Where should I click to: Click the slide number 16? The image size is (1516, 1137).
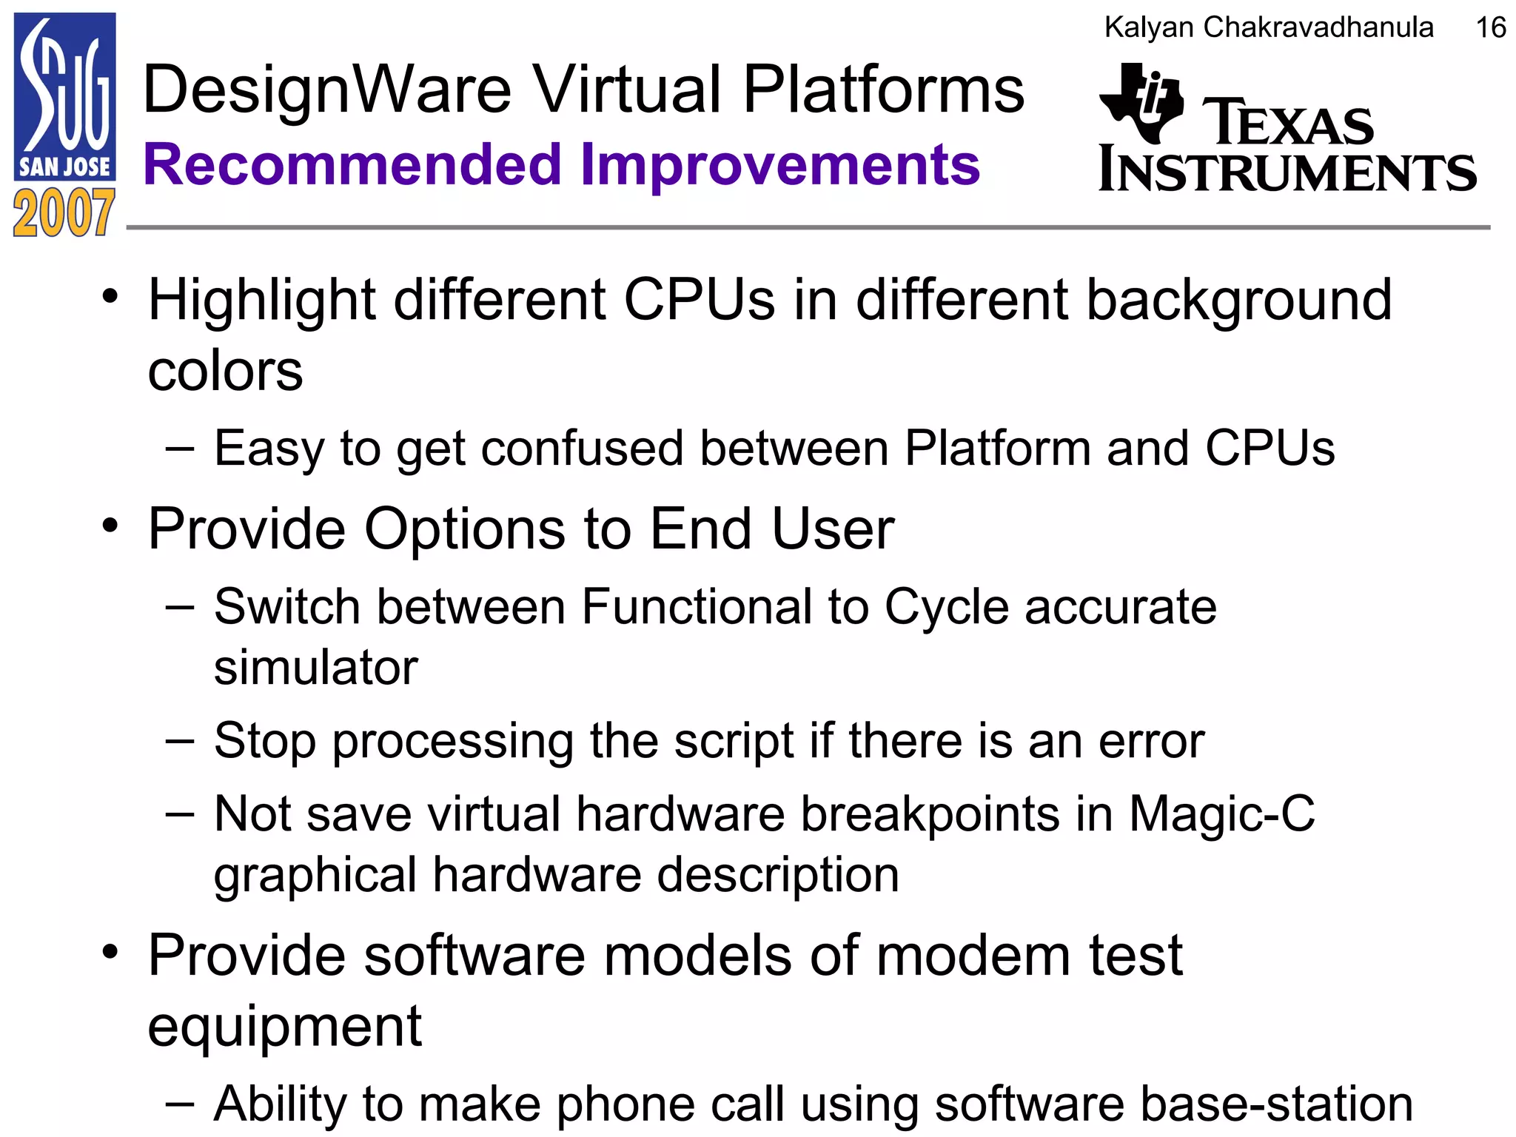[1490, 28]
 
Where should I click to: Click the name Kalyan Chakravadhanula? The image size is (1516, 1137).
[1269, 28]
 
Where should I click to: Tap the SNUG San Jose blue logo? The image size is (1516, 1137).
[65, 96]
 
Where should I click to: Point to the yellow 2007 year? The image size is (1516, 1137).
[64, 213]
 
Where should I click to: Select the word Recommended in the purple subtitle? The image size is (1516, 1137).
[352, 164]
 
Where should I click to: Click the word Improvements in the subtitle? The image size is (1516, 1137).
[780, 164]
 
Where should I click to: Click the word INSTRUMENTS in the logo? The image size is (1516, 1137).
[1287, 170]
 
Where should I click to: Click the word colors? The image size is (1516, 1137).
[225, 370]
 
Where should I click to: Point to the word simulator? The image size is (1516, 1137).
[316, 667]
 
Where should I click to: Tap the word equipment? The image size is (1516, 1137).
[285, 1027]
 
